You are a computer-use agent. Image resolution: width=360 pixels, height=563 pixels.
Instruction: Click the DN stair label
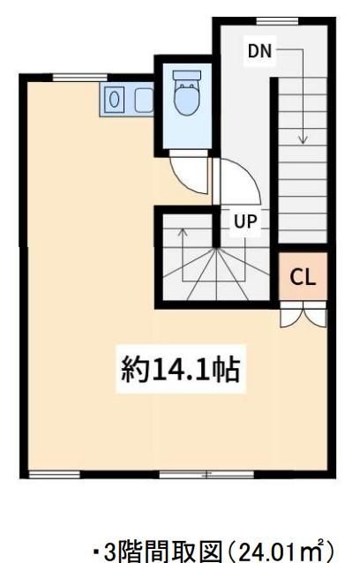(260, 51)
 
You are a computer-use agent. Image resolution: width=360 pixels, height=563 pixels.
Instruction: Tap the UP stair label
(245, 221)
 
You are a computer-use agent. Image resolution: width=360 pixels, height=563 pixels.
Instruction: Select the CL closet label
(303, 277)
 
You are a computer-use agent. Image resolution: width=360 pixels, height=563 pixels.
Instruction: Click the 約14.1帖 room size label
(180, 369)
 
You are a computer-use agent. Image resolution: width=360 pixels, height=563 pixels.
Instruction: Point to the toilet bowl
(186, 98)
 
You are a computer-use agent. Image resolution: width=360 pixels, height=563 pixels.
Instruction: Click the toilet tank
(187, 75)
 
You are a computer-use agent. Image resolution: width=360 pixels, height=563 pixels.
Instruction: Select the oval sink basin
(114, 99)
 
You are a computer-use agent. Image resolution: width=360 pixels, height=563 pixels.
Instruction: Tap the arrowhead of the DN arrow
(303, 139)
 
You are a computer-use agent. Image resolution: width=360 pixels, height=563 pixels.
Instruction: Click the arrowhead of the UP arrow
(183, 232)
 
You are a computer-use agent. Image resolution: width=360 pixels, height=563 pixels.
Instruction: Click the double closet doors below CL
(304, 314)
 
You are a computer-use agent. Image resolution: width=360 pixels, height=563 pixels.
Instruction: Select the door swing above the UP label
(236, 181)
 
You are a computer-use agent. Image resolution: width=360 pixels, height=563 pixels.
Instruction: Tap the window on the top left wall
(79, 77)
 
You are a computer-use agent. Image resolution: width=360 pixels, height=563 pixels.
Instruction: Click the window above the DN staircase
(277, 21)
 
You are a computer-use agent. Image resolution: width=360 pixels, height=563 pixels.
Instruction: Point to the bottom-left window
(54, 475)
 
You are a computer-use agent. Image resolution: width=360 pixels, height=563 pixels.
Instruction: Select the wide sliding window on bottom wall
(206, 475)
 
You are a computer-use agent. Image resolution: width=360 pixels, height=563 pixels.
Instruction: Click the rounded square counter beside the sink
(145, 100)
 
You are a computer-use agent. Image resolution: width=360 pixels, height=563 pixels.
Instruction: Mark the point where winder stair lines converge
(216, 248)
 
